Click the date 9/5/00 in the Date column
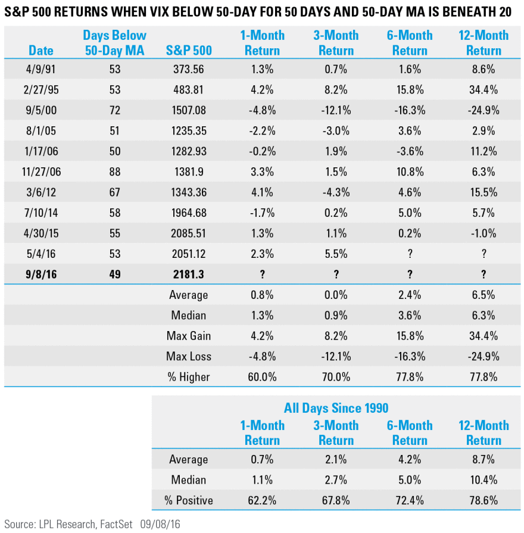pyautogui.click(x=40, y=111)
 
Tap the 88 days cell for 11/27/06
pyautogui.click(x=114, y=172)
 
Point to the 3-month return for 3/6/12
pyautogui.click(x=336, y=193)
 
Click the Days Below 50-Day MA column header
pyautogui.click(x=114, y=43)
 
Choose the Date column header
pyautogui.click(x=40, y=51)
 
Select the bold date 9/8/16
pyautogui.click(x=40, y=275)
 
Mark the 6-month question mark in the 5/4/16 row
pyautogui.click(x=410, y=254)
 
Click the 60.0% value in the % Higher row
pyautogui.click(x=262, y=377)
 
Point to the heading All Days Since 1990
pyautogui.click(x=336, y=408)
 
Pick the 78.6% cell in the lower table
pyautogui.click(x=483, y=501)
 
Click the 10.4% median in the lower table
pyautogui.click(x=483, y=480)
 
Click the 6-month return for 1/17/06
pyautogui.click(x=410, y=152)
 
